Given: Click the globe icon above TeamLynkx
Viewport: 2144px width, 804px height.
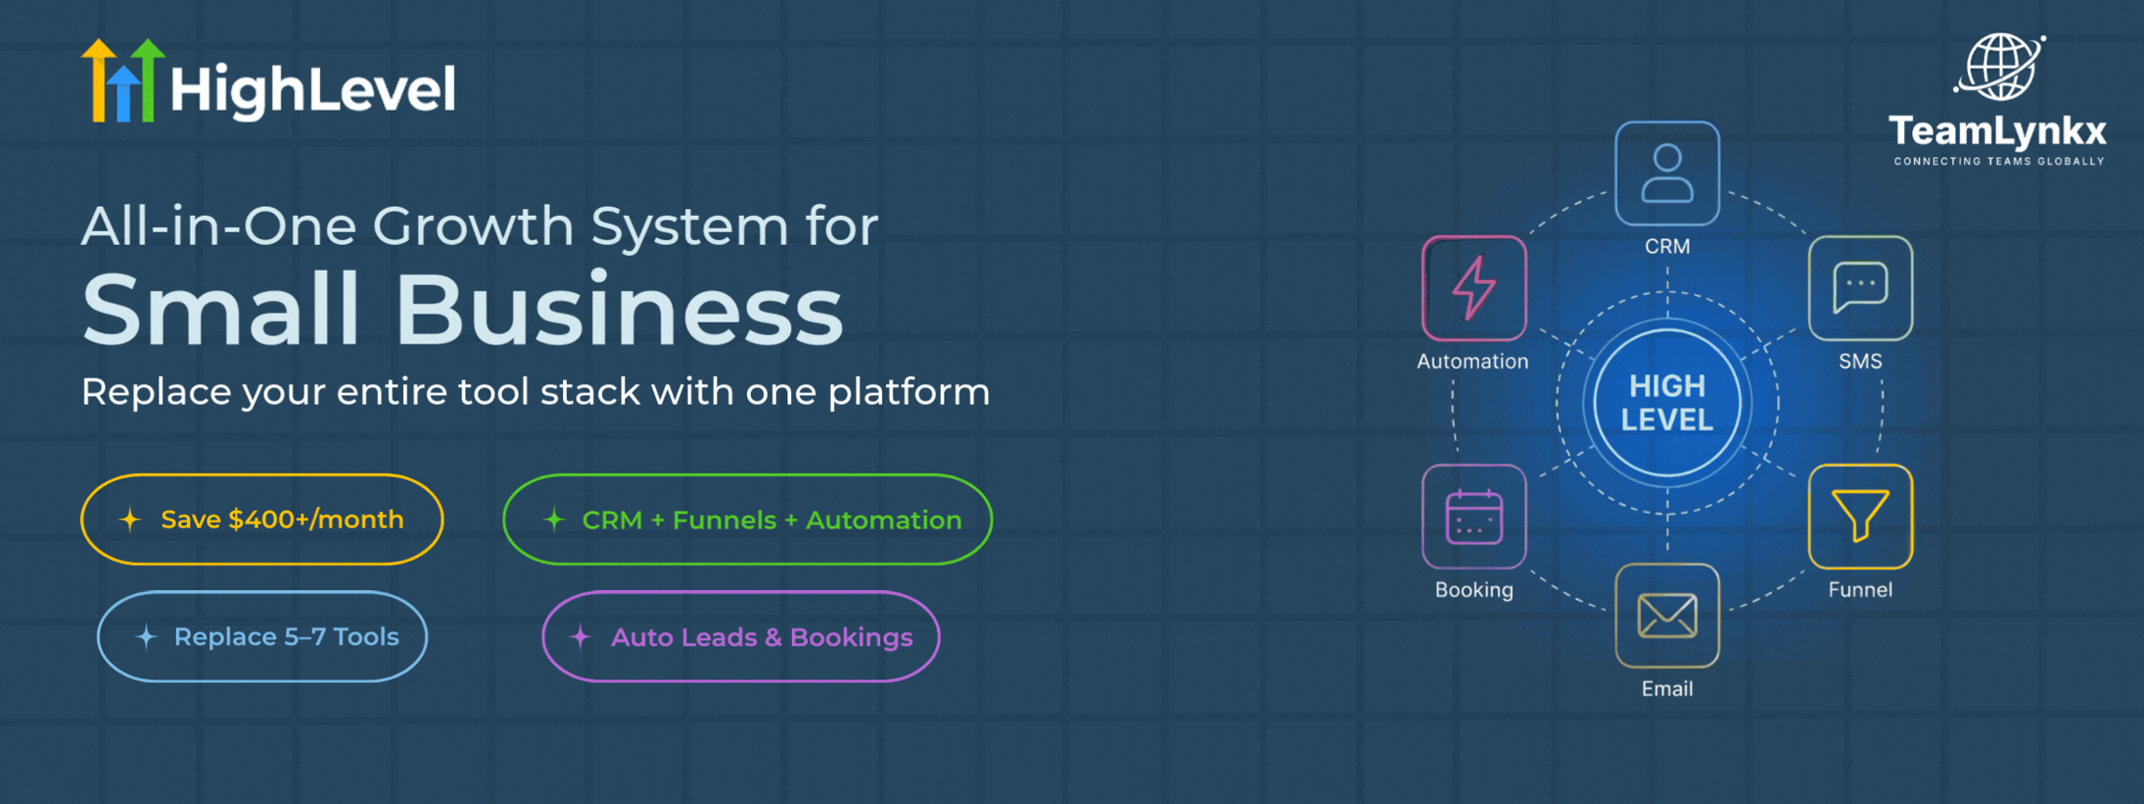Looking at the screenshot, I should click(2000, 67).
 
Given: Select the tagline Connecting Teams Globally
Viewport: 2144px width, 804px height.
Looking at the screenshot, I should click(1999, 161).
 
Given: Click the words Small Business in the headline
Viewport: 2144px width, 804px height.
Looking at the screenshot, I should click(462, 310).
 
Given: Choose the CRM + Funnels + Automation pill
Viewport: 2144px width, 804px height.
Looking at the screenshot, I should click(747, 519).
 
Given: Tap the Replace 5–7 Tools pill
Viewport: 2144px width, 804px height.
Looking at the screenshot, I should click(262, 636).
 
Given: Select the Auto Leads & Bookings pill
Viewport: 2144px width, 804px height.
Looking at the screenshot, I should click(741, 636).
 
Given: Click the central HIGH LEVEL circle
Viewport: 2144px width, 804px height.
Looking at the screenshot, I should click(1667, 403).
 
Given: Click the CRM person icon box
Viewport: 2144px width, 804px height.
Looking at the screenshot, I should click(1667, 173).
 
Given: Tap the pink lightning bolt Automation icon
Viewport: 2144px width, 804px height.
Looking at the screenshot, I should click(1474, 288).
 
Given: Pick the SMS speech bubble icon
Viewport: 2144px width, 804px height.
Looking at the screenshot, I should click(1859, 288).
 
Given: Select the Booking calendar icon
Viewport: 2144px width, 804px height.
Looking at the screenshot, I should click(1474, 516).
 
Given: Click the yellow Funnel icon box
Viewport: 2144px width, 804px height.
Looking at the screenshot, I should click(1859, 516).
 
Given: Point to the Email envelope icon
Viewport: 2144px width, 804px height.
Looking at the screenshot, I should click(1667, 616).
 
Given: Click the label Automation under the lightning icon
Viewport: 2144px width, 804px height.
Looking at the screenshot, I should click(1472, 361).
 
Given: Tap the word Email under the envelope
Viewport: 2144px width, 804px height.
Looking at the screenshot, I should click(1667, 689).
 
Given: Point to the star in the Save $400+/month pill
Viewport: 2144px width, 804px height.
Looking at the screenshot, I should click(130, 519).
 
